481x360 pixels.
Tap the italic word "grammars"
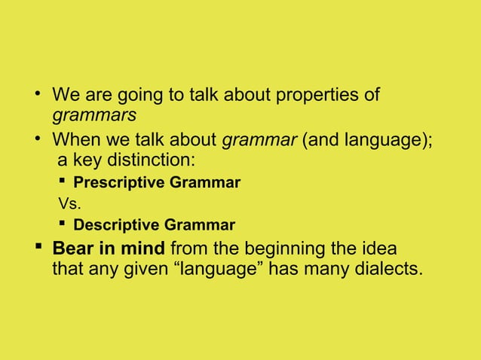click(x=93, y=117)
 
